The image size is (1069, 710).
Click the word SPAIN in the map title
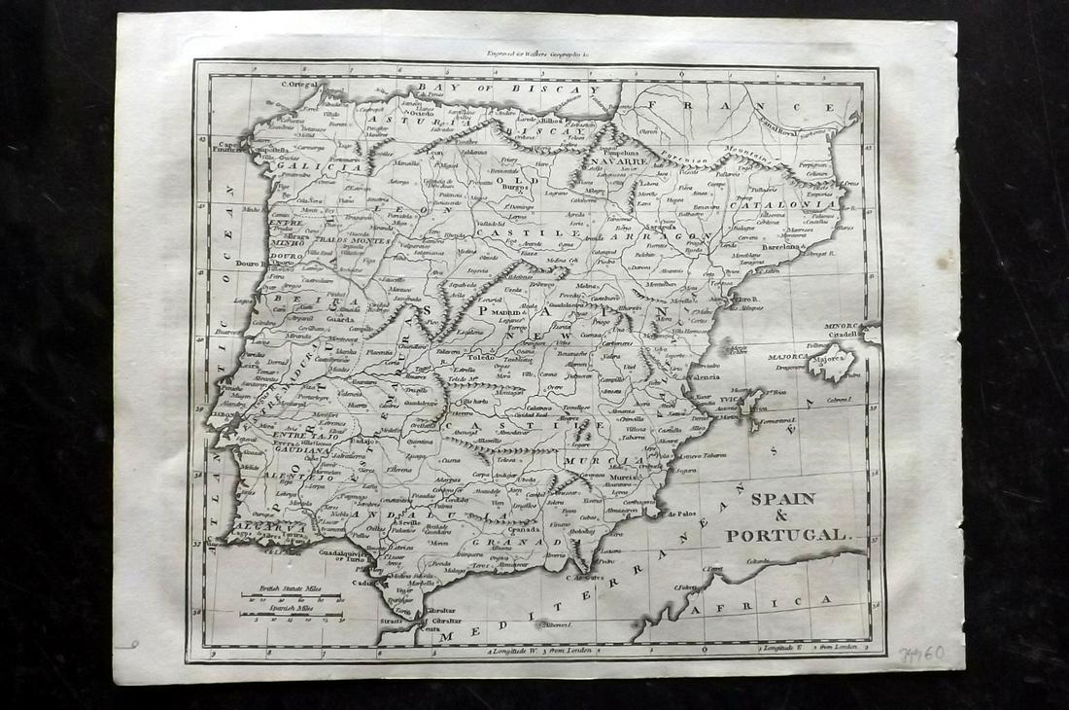pyautogui.click(x=782, y=500)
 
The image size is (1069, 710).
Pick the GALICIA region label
pyautogui.click(x=304, y=166)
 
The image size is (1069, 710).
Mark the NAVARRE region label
pyautogui.click(x=612, y=164)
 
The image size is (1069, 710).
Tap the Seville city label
pyautogui.click(x=408, y=524)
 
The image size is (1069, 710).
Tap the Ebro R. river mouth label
pyautogui.click(x=746, y=300)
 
